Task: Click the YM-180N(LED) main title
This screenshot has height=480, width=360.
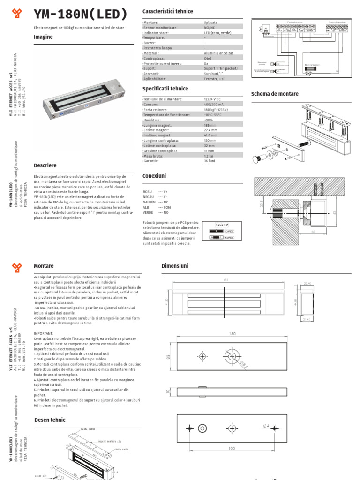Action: click(81, 15)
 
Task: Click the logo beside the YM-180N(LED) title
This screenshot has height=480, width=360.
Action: click(17, 15)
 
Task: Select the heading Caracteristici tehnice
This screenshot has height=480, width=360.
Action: click(167, 11)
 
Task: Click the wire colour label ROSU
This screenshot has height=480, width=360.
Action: click(148, 192)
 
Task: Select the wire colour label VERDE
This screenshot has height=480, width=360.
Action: click(148, 212)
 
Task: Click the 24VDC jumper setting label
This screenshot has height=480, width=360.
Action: click(229, 238)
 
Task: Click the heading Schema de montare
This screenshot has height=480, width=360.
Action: click(275, 94)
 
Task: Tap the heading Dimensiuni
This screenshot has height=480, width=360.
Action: click(174, 266)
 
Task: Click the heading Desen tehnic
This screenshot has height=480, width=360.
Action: click(50, 420)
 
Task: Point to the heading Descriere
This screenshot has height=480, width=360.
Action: click(45, 165)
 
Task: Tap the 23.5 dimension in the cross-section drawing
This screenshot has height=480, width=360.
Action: click(261, 202)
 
